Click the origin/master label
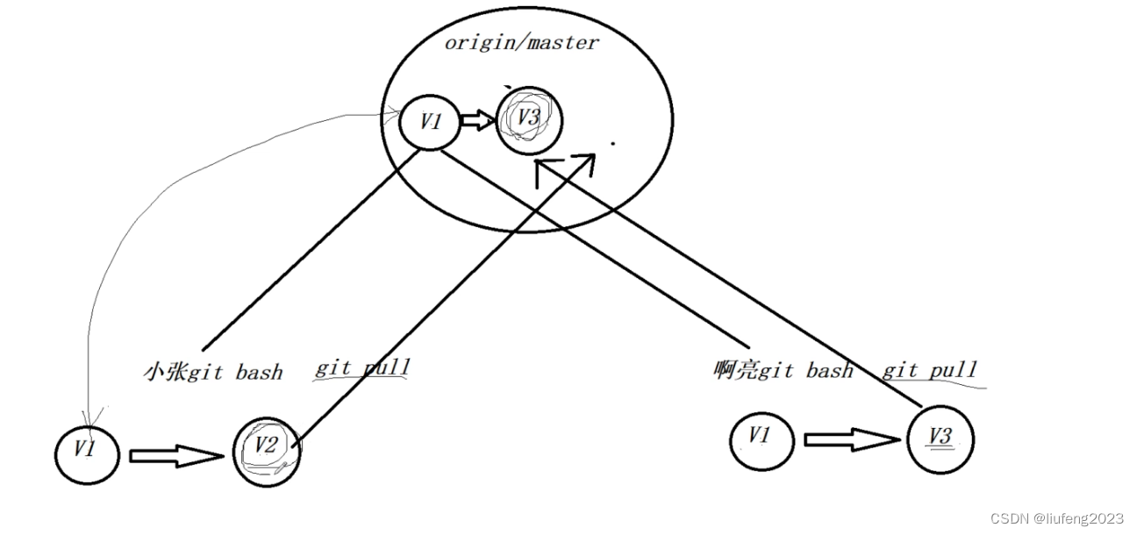(521, 43)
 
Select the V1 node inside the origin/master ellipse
(430, 122)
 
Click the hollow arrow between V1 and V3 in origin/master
(478, 122)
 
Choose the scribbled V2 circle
(266, 450)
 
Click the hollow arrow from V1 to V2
(176, 455)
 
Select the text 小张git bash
(212, 372)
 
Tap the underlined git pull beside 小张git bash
(362, 367)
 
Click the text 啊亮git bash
(783, 371)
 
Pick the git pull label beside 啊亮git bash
(929, 370)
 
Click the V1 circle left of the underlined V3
(762, 438)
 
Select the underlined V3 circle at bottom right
(940, 438)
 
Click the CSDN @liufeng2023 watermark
(1056, 519)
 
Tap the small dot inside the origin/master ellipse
(612, 142)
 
